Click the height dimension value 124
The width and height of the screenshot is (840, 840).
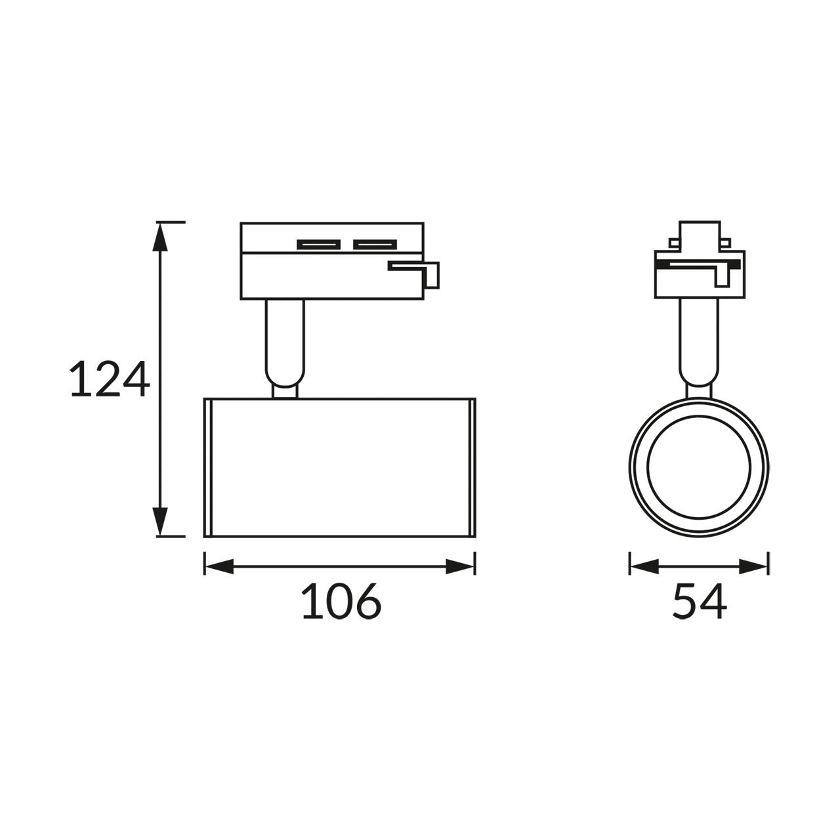[110, 378]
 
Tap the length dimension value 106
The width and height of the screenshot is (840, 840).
[341, 600]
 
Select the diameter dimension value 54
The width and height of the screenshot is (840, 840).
[699, 600]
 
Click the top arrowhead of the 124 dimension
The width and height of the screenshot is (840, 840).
[160, 237]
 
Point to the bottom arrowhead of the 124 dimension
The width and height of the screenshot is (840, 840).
[160, 522]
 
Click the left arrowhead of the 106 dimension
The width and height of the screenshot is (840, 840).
[219, 567]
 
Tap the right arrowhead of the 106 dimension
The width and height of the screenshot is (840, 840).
[460, 567]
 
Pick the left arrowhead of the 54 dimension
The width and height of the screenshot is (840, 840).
[644, 567]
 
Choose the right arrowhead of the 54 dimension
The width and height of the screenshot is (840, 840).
[753, 567]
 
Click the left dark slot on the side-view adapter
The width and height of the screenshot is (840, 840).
[319, 245]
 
